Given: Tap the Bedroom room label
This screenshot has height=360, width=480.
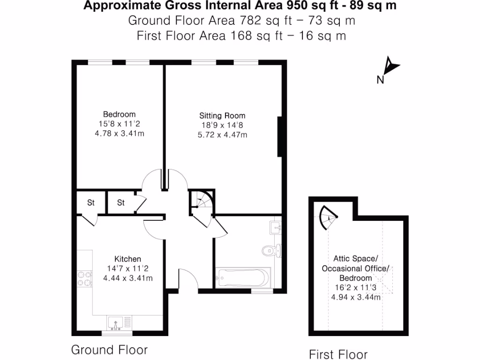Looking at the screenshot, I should (119, 114).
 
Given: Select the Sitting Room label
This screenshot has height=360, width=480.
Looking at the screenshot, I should (222, 115).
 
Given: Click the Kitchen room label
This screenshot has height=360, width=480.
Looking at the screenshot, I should (127, 259).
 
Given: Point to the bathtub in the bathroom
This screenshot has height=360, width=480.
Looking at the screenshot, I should (242, 277).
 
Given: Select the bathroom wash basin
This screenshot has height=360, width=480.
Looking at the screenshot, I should (276, 228).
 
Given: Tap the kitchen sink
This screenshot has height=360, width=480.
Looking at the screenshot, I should (115, 322).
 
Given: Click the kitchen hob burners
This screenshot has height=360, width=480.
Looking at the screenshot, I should (84, 279).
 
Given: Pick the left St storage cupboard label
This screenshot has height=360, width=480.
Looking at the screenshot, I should (90, 203).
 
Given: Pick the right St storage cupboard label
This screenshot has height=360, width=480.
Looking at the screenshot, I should (121, 203).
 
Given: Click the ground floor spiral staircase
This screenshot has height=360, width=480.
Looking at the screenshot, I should (202, 202).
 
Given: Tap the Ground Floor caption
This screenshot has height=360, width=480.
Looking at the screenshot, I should (109, 350).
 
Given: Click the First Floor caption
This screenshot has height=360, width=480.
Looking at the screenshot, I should (338, 354).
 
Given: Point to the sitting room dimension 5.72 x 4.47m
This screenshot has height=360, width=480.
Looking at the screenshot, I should (222, 135).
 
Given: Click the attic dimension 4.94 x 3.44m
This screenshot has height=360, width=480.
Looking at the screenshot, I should (355, 297).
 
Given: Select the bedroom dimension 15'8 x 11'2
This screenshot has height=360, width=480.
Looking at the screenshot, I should (119, 124).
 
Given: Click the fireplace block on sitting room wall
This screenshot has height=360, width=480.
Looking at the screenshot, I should (280, 136).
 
